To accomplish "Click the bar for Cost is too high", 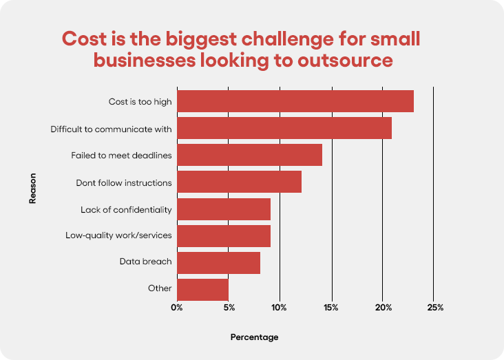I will point(295,101).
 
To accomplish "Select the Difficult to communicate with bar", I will point(284,128).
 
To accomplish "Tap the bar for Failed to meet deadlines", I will point(249,155).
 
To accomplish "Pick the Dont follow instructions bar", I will point(239,182).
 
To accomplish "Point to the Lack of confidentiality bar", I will point(224,209).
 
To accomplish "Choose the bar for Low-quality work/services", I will point(224,235).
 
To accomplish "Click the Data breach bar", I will point(218,262).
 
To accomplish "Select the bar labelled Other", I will point(202,288).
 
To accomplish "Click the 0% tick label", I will point(177,307).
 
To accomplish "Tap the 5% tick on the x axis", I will point(229,307).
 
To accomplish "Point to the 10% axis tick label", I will point(280,307).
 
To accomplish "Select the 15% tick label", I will point(332,307).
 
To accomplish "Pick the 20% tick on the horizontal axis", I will point(383,307).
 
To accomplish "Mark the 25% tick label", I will point(434,307).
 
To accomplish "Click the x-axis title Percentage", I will point(254,337).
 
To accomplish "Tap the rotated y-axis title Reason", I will point(32,188).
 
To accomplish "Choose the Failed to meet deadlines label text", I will point(121,155).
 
